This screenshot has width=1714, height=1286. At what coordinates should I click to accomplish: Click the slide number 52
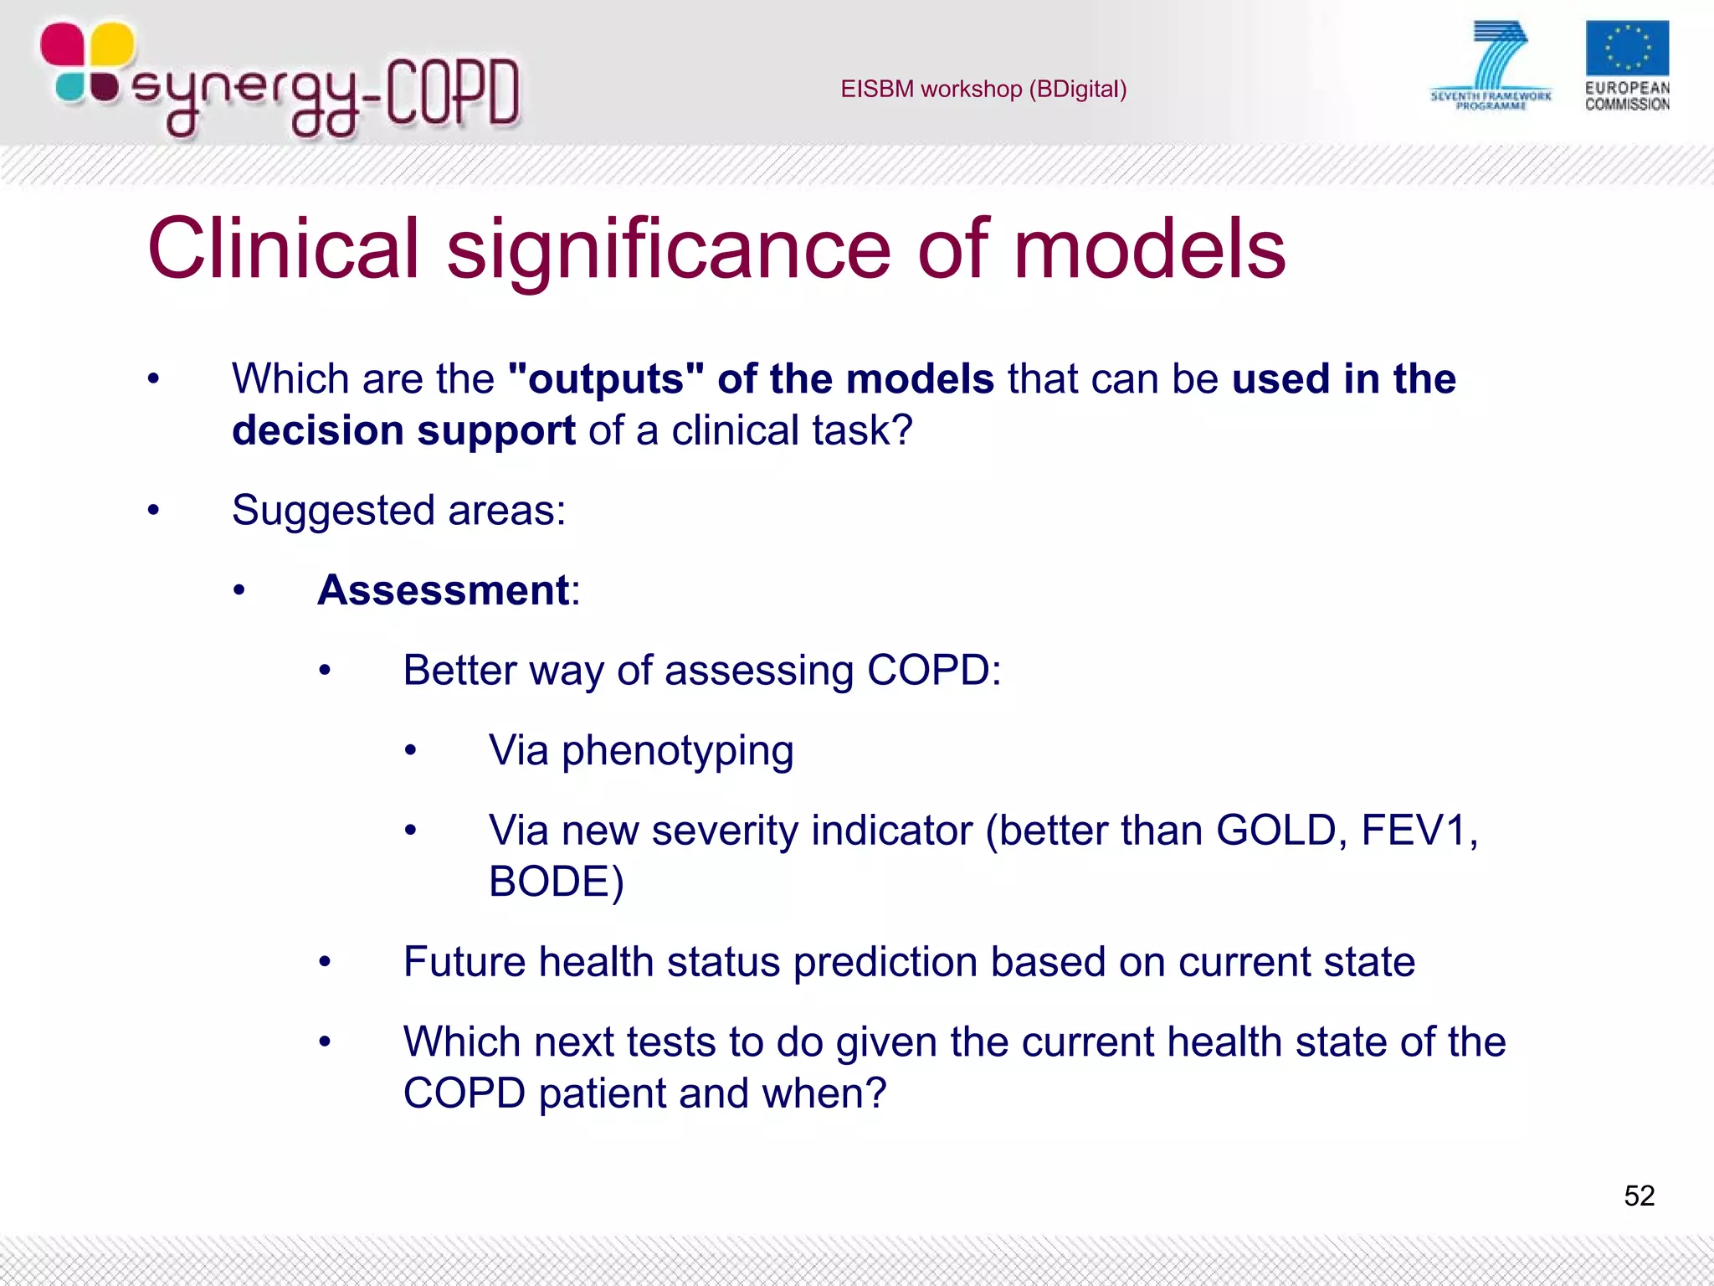click(x=1639, y=1196)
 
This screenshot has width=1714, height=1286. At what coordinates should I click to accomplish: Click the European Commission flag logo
click(x=1626, y=49)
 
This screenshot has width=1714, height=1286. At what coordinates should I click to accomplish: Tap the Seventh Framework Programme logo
click(x=1491, y=65)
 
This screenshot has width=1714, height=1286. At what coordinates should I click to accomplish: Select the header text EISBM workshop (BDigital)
click(x=983, y=89)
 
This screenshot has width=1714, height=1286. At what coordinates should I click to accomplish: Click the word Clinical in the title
click(x=283, y=249)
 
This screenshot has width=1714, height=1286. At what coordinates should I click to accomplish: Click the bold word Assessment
click(x=444, y=590)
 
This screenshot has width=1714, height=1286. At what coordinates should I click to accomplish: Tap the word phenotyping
click(x=677, y=751)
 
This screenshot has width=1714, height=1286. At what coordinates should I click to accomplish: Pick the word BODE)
click(x=557, y=882)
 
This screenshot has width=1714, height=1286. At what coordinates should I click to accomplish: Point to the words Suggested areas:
click(x=398, y=510)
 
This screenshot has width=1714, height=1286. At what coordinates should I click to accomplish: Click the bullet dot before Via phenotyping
click(x=410, y=751)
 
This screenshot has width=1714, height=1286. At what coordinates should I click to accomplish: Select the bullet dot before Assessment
click(x=239, y=591)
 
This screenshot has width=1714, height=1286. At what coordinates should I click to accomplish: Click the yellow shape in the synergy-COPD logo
click(x=111, y=44)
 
